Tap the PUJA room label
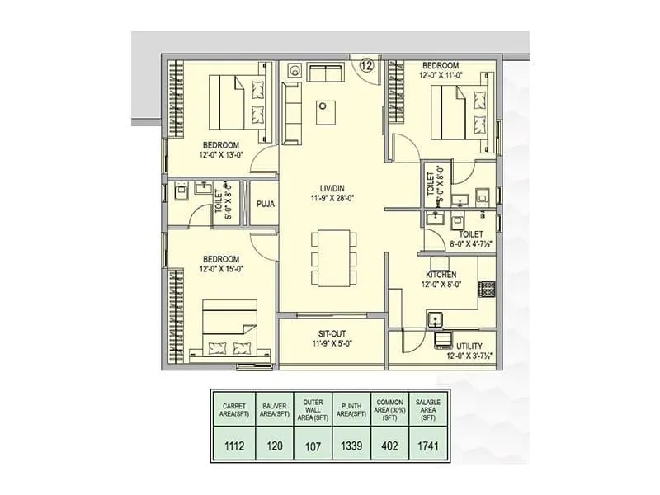265,204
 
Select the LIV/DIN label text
332,187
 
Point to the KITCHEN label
441,274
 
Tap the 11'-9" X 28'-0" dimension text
332,199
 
